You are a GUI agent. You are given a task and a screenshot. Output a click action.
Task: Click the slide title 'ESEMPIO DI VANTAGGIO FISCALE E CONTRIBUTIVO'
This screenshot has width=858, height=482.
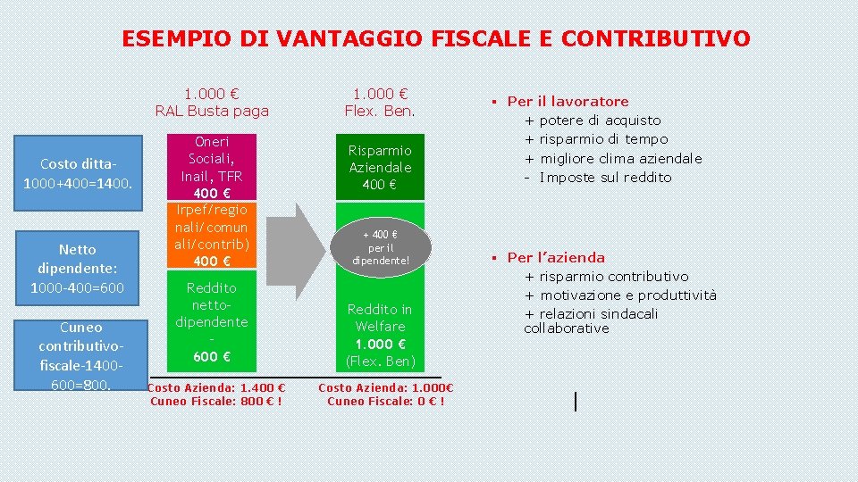436,39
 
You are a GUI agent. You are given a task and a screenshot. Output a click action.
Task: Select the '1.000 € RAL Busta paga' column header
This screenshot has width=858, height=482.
212,103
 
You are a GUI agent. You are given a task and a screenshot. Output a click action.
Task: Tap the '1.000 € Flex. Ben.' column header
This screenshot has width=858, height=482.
380,103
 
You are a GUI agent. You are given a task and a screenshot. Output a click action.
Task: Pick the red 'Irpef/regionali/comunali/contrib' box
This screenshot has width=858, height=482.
212,234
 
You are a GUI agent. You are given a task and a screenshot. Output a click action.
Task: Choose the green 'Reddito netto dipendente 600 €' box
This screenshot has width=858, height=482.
212,321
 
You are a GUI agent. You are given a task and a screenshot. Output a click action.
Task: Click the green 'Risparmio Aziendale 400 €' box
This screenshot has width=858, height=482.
380,167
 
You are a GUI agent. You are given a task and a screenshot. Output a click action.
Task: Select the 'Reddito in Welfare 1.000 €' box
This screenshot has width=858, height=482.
380,334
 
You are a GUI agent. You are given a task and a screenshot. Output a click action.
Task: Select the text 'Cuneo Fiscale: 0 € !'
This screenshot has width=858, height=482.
386,401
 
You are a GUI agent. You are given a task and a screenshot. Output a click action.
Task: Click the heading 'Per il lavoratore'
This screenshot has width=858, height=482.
568,102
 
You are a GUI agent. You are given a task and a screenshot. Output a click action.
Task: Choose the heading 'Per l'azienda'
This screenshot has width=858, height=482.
556,258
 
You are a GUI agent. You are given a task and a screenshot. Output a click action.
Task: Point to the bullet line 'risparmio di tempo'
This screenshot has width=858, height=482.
603,139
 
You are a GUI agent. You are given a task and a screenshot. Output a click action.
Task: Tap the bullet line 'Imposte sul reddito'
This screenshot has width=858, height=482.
605,177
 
